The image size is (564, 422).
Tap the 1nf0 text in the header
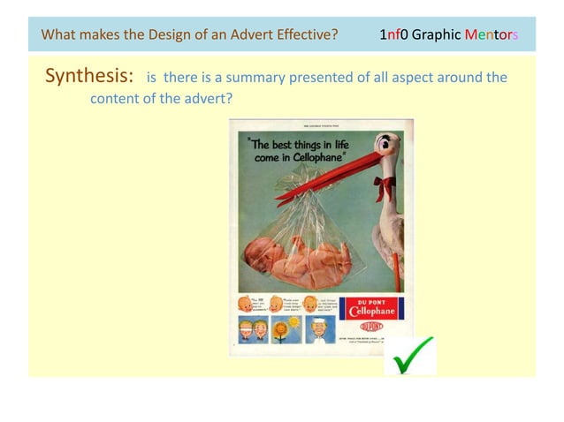coord(394,35)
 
